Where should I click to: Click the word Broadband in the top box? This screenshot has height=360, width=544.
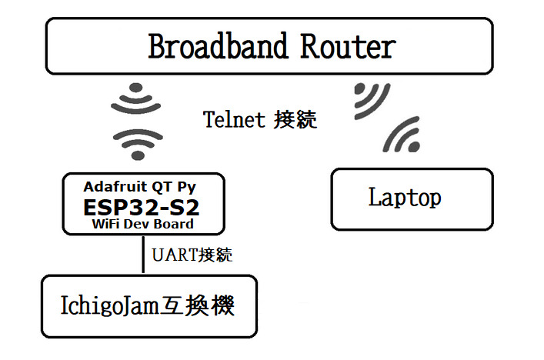coord(218,46)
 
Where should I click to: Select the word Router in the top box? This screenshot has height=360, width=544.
coord(348,46)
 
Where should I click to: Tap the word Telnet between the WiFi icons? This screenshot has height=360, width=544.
coord(234,120)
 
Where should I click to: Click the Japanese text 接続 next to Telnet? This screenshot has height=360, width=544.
coord(295,120)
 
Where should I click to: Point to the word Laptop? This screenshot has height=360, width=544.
coord(405,198)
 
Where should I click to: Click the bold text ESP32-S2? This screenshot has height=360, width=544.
coord(142,208)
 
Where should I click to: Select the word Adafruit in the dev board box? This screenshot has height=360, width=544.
coord(115,187)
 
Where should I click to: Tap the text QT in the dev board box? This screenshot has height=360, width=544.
coord(162,187)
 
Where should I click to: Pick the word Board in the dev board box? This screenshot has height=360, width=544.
coord(173,224)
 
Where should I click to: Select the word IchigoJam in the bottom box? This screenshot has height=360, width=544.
coord(110,305)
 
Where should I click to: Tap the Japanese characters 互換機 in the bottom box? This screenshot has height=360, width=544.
coord(197,305)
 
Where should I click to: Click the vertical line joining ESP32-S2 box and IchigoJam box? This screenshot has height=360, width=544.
coord(143,255)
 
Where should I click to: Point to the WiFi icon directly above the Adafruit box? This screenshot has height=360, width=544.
coord(138,145)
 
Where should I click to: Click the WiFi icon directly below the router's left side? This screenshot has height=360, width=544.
coord(136,98)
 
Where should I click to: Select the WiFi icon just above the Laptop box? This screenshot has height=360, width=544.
coord(402,135)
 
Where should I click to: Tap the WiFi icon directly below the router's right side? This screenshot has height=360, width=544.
coord(372,101)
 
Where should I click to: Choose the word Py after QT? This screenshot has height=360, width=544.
coord(187,187)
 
